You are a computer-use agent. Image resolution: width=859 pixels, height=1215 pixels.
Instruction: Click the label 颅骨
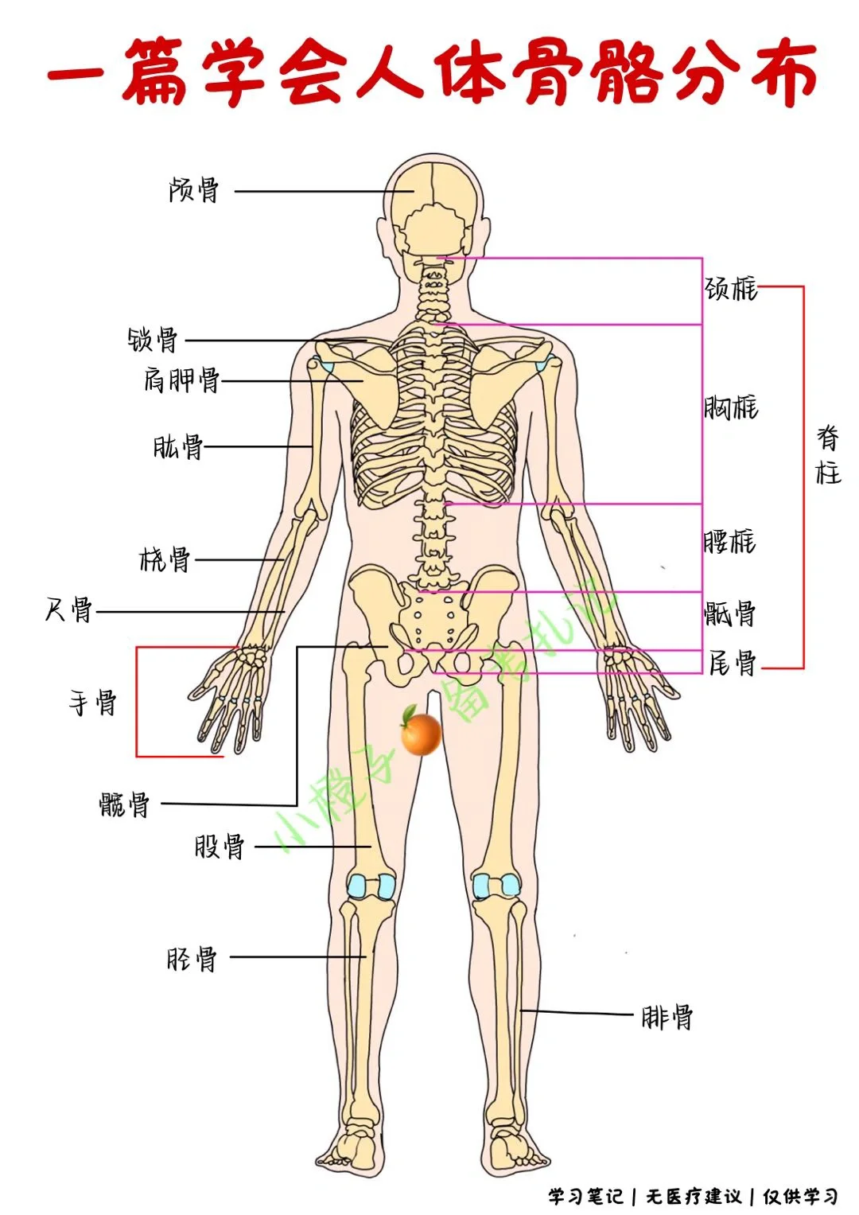pyautogui.click(x=193, y=190)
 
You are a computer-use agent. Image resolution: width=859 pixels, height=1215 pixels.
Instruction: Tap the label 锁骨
pyautogui.click(x=154, y=340)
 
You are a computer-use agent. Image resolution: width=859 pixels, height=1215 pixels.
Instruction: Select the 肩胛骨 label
pyautogui.click(x=181, y=380)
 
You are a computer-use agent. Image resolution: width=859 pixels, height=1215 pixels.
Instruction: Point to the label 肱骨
pyautogui.click(x=178, y=446)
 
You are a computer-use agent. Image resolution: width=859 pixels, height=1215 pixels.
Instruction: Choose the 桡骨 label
pyautogui.click(x=165, y=559)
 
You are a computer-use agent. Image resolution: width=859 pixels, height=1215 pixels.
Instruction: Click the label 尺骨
pyautogui.click(x=69, y=610)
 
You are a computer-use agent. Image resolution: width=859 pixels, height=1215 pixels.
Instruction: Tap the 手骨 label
pyautogui.click(x=93, y=703)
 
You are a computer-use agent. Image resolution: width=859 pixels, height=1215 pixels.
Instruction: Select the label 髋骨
pyautogui.click(x=125, y=804)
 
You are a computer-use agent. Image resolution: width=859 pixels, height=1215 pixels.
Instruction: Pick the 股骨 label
pyautogui.click(x=220, y=846)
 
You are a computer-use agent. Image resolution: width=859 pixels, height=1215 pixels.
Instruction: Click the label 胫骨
pyautogui.click(x=192, y=958)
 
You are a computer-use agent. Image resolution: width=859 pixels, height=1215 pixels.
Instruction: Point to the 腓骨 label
pyautogui.click(x=667, y=1017)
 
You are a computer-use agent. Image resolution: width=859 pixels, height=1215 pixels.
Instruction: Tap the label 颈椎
pyautogui.click(x=731, y=288)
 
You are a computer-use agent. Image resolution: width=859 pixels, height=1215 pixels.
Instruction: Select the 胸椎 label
pyautogui.click(x=731, y=407)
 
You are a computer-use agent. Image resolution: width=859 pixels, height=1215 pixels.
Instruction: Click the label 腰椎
pyautogui.click(x=729, y=542)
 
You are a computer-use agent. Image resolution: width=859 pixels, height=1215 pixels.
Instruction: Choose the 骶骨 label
pyautogui.click(x=729, y=613)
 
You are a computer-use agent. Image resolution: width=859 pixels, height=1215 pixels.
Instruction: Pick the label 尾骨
pyautogui.click(x=732, y=662)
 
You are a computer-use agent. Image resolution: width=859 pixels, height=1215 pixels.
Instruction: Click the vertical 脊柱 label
pyautogui.click(x=828, y=455)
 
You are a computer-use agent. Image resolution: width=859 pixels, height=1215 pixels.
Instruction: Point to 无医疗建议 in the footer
pyautogui.click(x=694, y=1196)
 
